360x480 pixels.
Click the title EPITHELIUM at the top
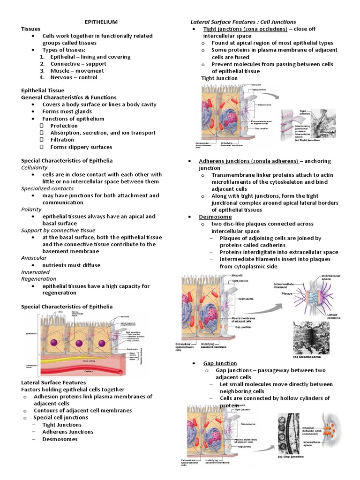tap(97, 22)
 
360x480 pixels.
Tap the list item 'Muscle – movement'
tap(74, 70)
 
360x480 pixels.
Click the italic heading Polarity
tap(31, 210)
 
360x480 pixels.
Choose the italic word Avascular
tap(34, 258)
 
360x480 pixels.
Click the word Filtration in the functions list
tap(63, 140)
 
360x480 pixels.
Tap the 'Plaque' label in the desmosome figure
tap(287, 293)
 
